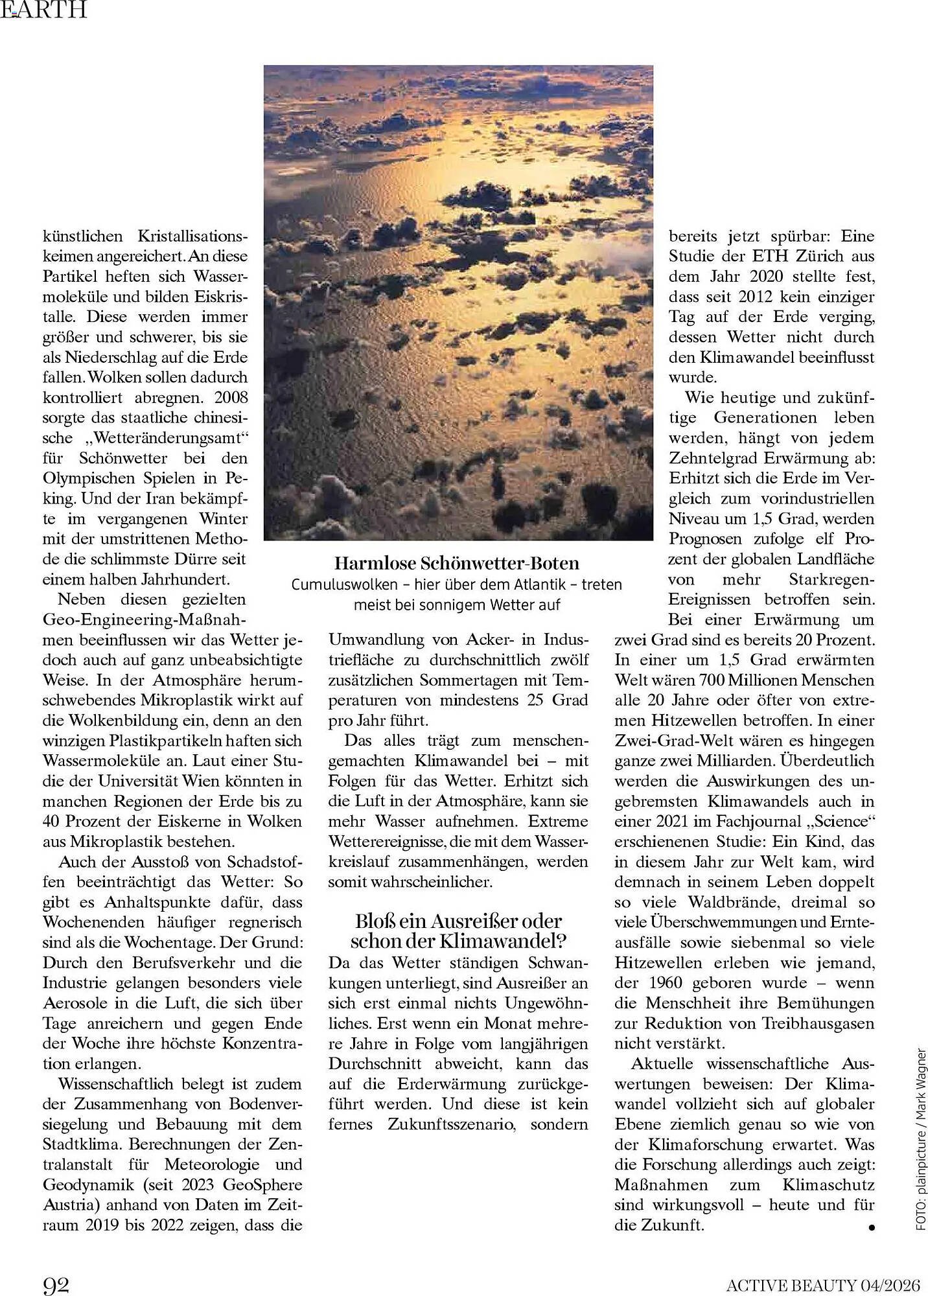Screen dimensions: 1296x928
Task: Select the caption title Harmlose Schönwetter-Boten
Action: click(x=456, y=563)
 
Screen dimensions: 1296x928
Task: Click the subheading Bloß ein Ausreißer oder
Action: click(x=458, y=921)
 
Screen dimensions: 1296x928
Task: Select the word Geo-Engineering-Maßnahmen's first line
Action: click(x=144, y=619)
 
